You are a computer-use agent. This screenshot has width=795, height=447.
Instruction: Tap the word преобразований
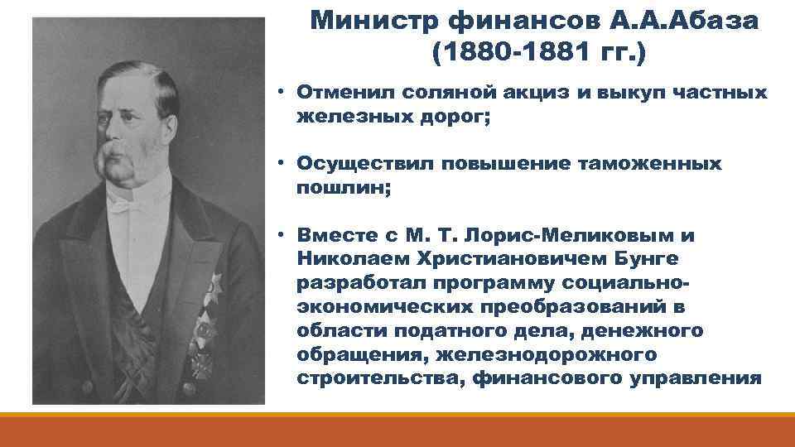[x=572, y=307]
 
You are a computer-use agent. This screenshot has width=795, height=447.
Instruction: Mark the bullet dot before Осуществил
[x=282, y=165]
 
